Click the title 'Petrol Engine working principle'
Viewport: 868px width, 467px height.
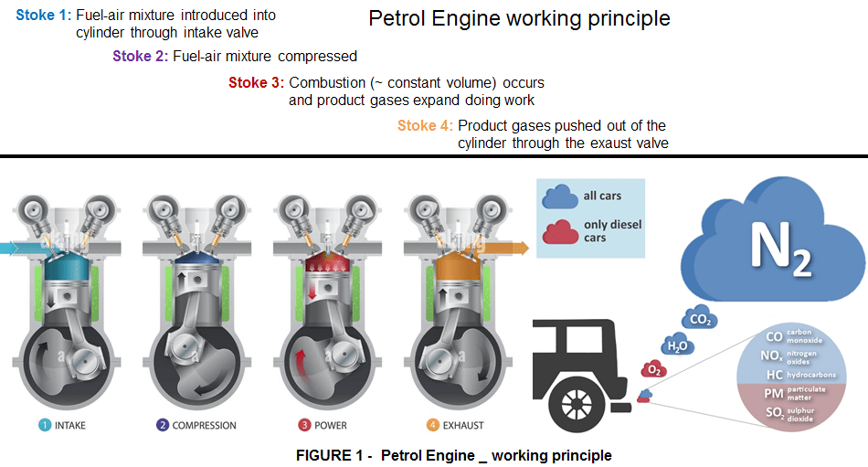coord(519,19)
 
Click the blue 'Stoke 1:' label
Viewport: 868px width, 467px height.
coord(43,16)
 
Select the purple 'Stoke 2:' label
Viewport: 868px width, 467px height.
coord(140,56)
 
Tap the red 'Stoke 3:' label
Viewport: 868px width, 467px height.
coord(256,82)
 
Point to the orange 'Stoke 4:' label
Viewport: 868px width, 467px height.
coord(425,125)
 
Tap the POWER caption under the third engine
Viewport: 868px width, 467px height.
coord(325,425)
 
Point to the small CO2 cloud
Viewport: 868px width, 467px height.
coord(700,318)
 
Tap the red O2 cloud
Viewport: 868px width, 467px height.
coord(653,368)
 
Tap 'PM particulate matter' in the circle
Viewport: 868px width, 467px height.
coord(789,394)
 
